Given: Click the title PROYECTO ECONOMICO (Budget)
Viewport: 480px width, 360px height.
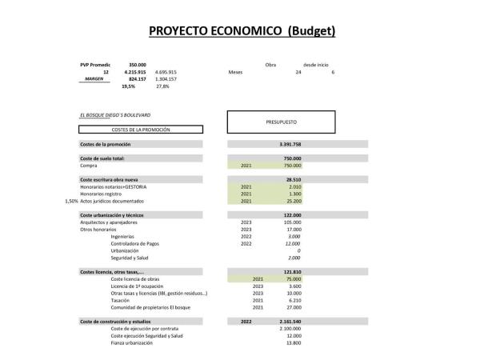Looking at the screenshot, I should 241,31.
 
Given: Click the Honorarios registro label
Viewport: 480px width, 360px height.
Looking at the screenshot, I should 105,194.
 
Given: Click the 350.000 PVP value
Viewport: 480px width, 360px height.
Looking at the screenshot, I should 137,64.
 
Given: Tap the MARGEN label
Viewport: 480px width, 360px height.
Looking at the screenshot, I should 95,79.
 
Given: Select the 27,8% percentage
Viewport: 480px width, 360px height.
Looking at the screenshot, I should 164,86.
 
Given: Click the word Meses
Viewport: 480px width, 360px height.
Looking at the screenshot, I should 235,72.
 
